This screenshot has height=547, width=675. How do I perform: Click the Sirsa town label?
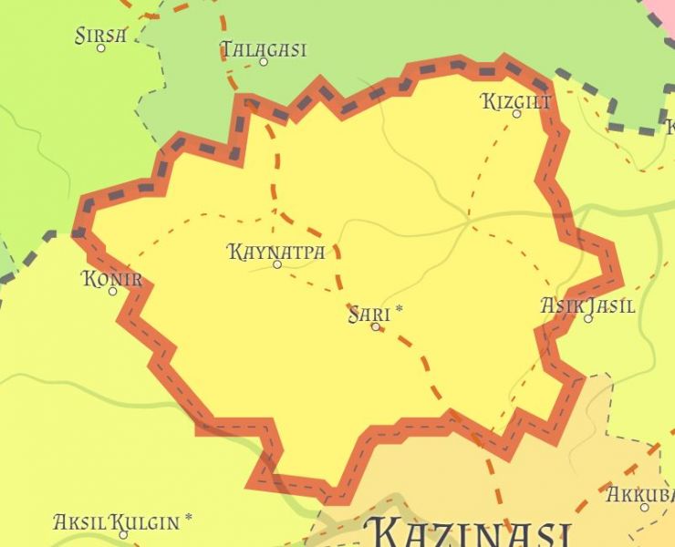click(100, 36)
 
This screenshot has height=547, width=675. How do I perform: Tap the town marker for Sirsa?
click(101, 48)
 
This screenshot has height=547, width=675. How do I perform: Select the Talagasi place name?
click(264, 49)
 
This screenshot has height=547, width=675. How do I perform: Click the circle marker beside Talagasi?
click(264, 62)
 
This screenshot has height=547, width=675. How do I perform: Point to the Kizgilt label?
click(516, 101)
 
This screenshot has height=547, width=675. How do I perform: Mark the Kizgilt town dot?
click(516, 114)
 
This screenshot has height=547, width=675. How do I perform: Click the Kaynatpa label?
click(276, 251)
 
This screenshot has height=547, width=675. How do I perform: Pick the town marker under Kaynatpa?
click(277, 264)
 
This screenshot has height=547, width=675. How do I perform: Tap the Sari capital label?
click(369, 315)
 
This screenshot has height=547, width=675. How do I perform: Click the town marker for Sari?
click(375, 326)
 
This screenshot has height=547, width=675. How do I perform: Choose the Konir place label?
click(112, 279)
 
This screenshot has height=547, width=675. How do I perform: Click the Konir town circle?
click(113, 292)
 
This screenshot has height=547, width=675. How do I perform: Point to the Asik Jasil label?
click(588, 305)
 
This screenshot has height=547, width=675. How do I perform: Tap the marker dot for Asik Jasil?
click(588, 319)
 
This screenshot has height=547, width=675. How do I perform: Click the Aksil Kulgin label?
click(116, 522)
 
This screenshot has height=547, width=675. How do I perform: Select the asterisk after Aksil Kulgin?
click(189, 519)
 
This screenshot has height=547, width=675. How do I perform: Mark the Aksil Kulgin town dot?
click(123, 534)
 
